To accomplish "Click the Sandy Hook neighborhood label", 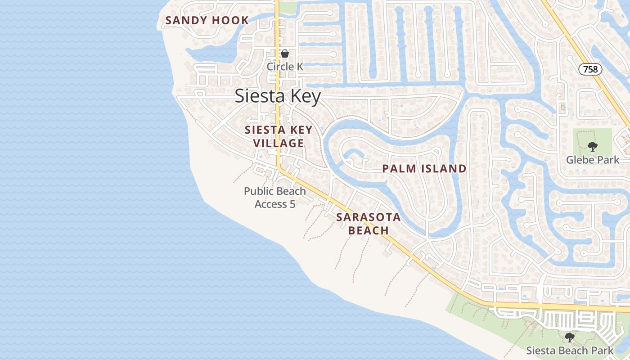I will tap(207, 20).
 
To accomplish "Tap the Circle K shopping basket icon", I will tap(285, 54).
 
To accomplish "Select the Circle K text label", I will tap(285, 67).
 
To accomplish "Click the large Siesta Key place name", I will tap(278, 96).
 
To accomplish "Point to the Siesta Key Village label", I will tap(278, 137).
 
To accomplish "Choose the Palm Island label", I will tap(424, 169).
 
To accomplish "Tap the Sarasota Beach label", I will tap(368, 224).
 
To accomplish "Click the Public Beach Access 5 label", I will tap(275, 198).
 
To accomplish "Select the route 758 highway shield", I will tap(590, 69).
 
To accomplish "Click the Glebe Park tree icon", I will tap(593, 146).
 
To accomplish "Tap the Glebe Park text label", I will tap(593, 160).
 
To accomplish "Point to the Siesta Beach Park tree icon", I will tap(570, 337).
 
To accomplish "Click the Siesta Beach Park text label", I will tap(570, 350).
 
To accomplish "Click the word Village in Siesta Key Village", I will tap(278, 144).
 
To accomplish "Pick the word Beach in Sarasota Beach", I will tap(369, 230).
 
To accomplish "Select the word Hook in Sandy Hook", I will tap(232, 20).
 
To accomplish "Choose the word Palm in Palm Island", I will tap(397, 169).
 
